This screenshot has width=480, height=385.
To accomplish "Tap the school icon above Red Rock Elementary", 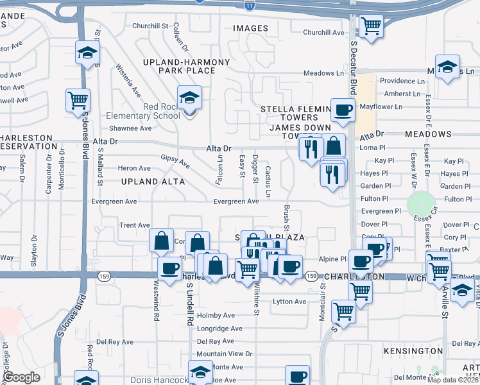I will [x=190, y=98].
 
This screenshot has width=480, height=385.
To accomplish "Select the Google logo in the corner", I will [x=21, y=377].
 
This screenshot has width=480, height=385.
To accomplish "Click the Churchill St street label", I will [x=150, y=26].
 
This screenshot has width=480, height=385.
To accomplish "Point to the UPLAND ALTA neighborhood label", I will [x=153, y=182].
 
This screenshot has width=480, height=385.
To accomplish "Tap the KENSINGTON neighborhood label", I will [x=413, y=351].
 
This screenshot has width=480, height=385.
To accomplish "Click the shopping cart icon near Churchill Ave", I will [x=371, y=26].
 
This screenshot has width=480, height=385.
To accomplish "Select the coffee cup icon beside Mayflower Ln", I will [x=343, y=110].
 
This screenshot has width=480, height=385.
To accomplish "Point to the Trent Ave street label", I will [x=134, y=225].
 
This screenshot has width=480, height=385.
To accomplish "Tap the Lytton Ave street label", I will [x=289, y=301].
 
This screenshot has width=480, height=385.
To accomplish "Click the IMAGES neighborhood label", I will [x=250, y=28].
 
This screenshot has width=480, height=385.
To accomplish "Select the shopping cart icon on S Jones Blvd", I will [x=78, y=100].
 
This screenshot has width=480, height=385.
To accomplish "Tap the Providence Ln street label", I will [x=402, y=81].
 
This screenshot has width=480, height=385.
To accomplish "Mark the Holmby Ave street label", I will [x=216, y=315].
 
